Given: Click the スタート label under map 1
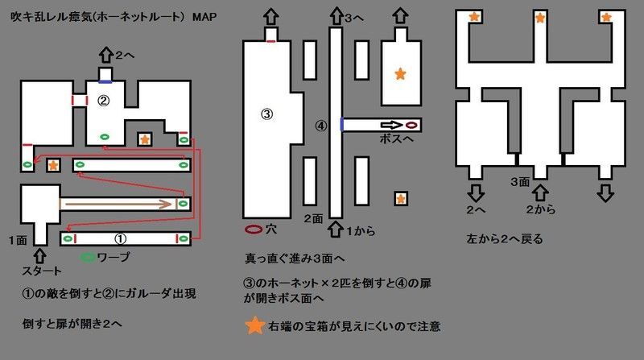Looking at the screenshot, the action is [x=42, y=271].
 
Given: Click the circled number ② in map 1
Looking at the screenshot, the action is [x=103, y=101].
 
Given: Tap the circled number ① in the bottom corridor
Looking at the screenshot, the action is [x=120, y=238].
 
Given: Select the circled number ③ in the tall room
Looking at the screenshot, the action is [x=267, y=114].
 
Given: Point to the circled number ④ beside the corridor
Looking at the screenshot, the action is [x=320, y=126].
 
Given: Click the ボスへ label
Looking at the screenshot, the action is [x=396, y=139].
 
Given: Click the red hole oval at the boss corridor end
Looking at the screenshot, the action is [x=411, y=125].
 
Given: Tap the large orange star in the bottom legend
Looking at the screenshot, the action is [x=254, y=325].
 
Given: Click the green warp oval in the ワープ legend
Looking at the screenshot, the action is [x=88, y=258].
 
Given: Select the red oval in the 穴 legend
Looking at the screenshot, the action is [x=254, y=230].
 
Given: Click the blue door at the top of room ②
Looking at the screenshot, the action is [x=105, y=82].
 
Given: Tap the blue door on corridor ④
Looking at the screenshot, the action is [x=342, y=125].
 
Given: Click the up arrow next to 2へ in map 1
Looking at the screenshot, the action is [x=106, y=55].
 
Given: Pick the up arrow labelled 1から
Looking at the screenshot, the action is [x=336, y=229].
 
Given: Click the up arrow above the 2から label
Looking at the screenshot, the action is [x=540, y=192].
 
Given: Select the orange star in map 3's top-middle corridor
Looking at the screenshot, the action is [x=540, y=18].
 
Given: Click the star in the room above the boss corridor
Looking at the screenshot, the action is [x=400, y=74].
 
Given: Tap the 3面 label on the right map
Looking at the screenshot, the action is [x=520, y=182].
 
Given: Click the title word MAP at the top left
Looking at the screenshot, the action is [x=204, y=17].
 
